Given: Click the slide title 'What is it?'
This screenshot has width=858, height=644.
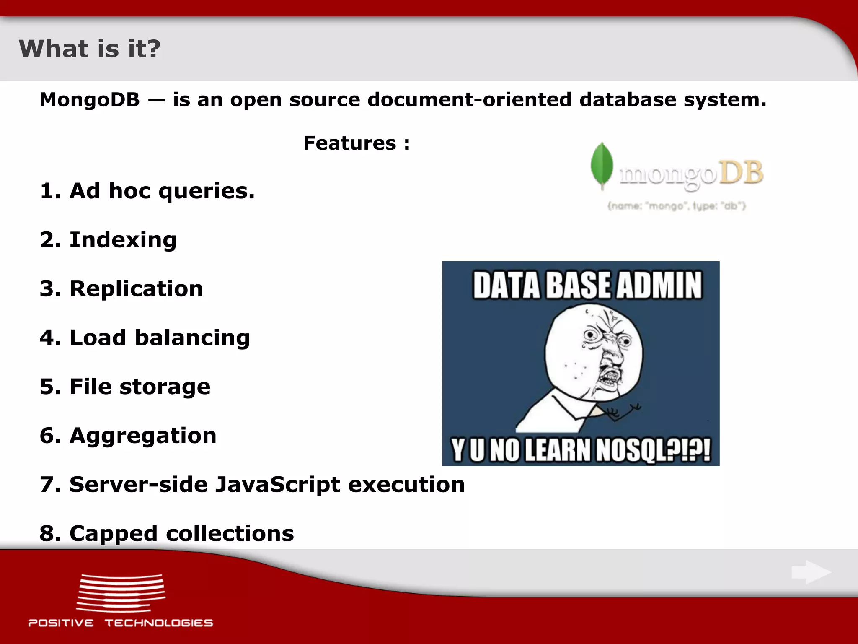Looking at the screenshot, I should coord(90,49).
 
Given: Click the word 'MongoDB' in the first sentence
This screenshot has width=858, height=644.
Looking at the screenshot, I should coord(90,100).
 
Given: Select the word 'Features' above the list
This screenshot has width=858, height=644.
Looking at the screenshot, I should coord(350,143).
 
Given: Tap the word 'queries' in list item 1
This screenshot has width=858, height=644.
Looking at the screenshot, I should coord(206,192).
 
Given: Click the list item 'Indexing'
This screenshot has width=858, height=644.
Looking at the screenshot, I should coord(123,240).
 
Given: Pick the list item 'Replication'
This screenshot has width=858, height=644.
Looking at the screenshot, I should coord(136,289).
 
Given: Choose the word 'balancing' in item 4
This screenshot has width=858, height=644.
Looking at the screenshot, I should coord(192,338).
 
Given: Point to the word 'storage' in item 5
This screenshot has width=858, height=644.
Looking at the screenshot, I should coord(165,387).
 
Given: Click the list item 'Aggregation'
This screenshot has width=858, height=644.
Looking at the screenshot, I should coord(143,436).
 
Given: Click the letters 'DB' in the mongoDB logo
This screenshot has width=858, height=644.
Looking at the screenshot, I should coord(741,173).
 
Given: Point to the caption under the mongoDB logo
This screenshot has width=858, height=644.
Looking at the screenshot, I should coord(677,206).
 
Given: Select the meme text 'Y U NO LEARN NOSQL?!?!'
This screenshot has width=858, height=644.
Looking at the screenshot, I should coord(581,450).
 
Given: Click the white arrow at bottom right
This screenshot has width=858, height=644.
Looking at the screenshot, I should coord(811,572).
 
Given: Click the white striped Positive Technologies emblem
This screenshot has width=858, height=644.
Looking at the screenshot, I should coord(121,593).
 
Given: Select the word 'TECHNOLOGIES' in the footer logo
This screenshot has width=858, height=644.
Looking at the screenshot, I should coord(159,623).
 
